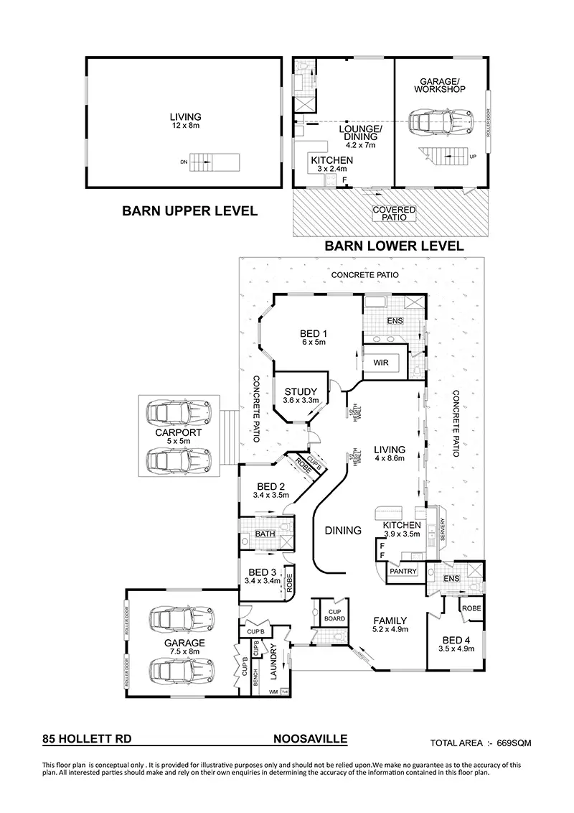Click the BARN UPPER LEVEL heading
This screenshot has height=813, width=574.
point(189,211)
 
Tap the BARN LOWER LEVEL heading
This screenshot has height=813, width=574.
point(394,246)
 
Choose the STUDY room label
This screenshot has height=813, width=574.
point(301,392)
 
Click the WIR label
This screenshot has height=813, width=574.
point(381,363)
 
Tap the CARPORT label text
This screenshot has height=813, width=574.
point(178,434)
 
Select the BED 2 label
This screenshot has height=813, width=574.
point(270,486)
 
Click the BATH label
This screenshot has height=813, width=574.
point(265,534)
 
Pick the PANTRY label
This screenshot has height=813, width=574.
point(403,572)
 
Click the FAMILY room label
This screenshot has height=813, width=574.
point(390,621)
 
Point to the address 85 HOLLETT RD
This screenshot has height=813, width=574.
point(87,738)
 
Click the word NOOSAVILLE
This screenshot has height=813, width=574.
point(311,738)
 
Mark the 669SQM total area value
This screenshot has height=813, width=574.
point(514,743)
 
